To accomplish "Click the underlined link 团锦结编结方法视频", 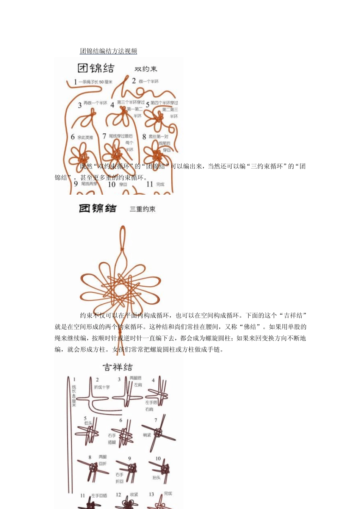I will (x=108, y=51).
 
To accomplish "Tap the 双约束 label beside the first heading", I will (x=146, y=69).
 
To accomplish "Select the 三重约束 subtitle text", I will (x=142, y=209).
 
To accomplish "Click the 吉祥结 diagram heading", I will (x=117, y=367).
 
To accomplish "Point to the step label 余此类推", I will (x=85, y=137).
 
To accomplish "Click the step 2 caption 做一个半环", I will (x=149, y=81).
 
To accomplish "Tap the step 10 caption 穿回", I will (x=123, y=185).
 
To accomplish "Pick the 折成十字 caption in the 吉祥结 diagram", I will (x=102, y=387).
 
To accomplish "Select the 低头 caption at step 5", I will (x=88, y=423).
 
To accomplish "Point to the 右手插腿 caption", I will (x=112, y=439).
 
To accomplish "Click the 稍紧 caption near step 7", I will (x=147, y=435).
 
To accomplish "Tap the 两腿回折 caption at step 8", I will (x=103, y=460).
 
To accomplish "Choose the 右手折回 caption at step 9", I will (x=119, y=478).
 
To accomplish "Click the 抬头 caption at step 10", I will (x=156, y=478).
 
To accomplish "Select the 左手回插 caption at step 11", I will (x=99, y=495).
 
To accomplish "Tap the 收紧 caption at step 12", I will (x=134, y=495).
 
